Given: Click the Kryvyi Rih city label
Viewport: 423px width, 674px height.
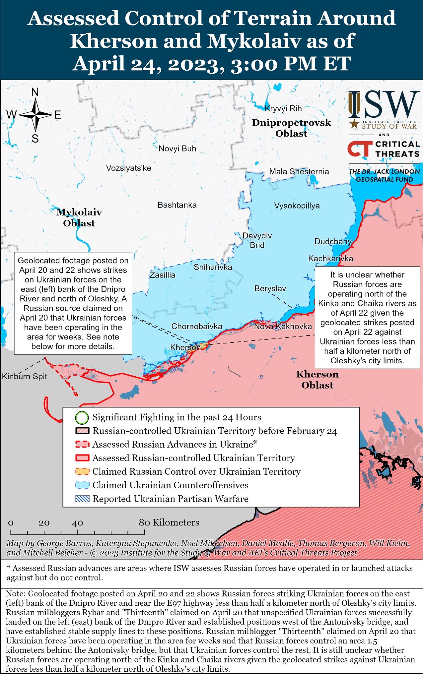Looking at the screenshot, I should (x=283, y=108).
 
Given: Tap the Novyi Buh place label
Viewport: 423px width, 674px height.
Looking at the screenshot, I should (x=177, y=149).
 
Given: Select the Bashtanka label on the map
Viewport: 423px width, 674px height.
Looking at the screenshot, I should (x=177, y=205).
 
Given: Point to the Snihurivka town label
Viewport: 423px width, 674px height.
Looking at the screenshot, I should (x=213, y=267).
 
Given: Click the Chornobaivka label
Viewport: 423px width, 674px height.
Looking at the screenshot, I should (x=196, y=326).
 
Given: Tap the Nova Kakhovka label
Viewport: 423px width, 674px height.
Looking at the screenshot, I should (x=283, y=326).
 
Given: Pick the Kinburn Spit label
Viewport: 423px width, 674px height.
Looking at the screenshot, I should (x=25, y=376).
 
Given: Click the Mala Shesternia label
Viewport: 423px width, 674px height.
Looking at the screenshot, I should (x=299, y=171).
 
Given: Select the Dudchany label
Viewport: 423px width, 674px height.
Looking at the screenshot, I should (x=333, y=241).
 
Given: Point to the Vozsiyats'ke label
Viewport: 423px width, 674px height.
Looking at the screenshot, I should (x=128, y=168).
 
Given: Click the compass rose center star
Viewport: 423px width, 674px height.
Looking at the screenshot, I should (x=35, y=115).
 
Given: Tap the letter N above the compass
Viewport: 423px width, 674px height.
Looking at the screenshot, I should (x=35, y=92).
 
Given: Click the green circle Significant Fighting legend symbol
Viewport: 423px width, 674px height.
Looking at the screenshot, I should (x=82, y=418).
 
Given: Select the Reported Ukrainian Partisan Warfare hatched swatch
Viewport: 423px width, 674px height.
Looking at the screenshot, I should (x=82, y=499).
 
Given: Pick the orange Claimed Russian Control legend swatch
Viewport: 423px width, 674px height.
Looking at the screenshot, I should (x=82, y=471).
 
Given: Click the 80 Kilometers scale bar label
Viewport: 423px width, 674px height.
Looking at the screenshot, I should (x=169, y=522).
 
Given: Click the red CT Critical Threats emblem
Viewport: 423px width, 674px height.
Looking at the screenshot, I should (x=359, y=149).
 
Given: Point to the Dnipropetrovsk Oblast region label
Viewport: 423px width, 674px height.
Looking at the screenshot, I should (x=291, y=128).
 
